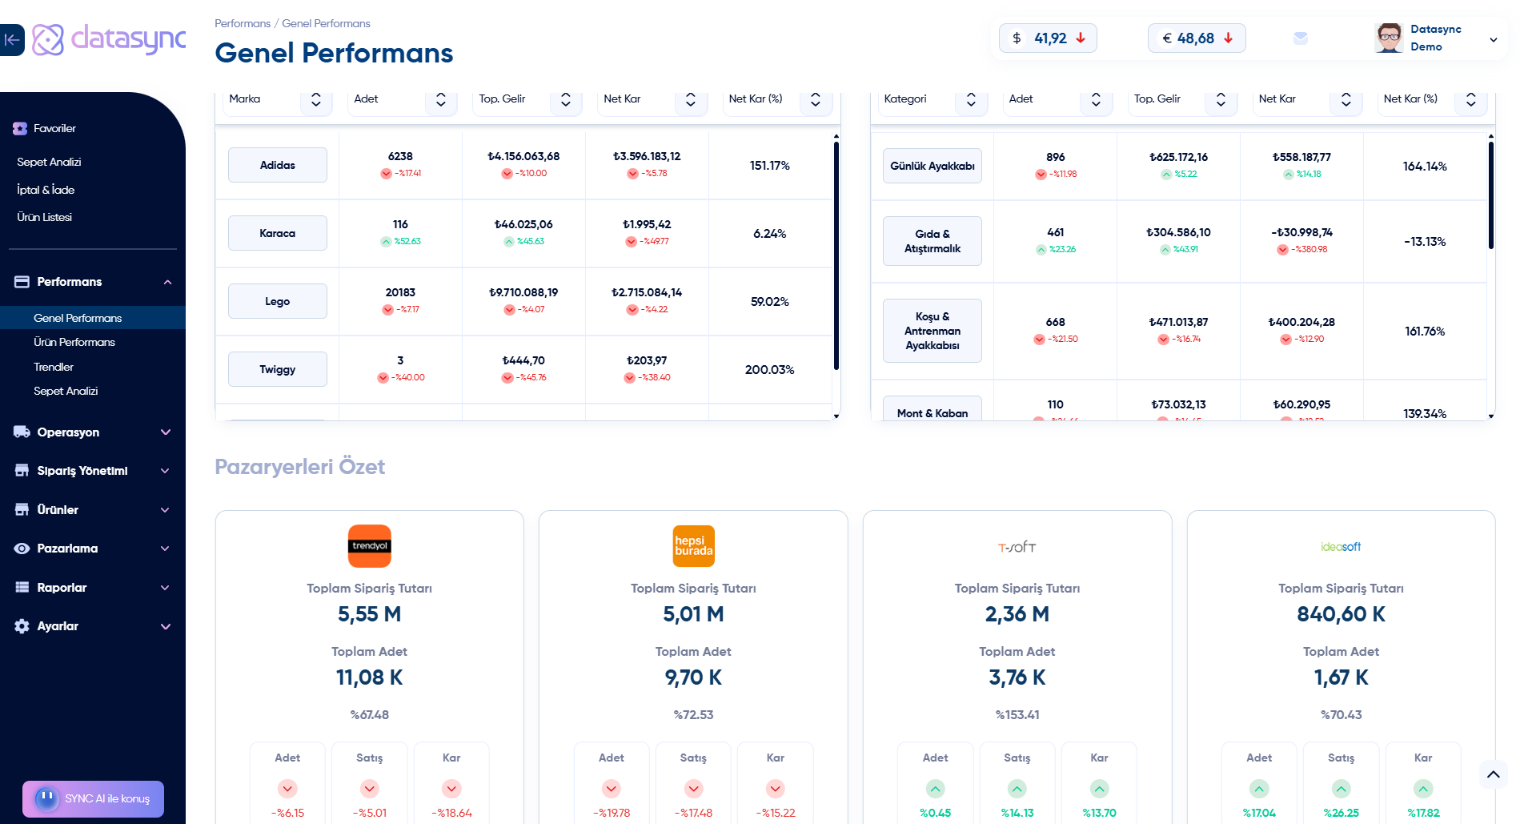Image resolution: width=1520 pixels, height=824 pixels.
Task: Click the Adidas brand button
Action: tap(277, 165)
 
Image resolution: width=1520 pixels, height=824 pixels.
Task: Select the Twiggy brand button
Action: tap(277, 369)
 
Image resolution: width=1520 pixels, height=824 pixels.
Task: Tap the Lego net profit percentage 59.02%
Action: tap(769, 302)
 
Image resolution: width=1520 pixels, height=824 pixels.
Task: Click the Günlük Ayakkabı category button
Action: tap(932, 166)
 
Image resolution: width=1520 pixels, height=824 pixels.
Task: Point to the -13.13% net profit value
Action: tap(1424, 242)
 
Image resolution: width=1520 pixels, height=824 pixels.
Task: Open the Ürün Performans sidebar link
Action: tap(74, 342)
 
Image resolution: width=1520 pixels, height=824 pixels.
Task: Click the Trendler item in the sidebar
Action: tap(54, 367)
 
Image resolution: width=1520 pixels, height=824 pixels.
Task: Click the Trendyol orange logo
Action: tap(369, 546)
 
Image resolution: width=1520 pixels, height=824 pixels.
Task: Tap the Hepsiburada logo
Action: tap(693, 546)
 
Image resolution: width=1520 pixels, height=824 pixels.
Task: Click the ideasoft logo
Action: tap(1341, 547)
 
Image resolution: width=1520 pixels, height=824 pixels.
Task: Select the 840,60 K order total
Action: tap(1341, 614)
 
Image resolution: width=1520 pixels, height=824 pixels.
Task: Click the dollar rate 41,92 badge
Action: tap(1048, 38)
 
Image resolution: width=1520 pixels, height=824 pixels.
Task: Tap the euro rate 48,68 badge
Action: tap(1197, 38)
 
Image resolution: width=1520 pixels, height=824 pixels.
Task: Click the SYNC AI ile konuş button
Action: tap(94, 798)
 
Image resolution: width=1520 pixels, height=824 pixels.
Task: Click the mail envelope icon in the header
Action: tap(1301, 38)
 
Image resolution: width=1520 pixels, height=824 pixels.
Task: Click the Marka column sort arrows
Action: tap(316, 99)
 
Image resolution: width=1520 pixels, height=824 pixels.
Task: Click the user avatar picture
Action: tap(1389, 38)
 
